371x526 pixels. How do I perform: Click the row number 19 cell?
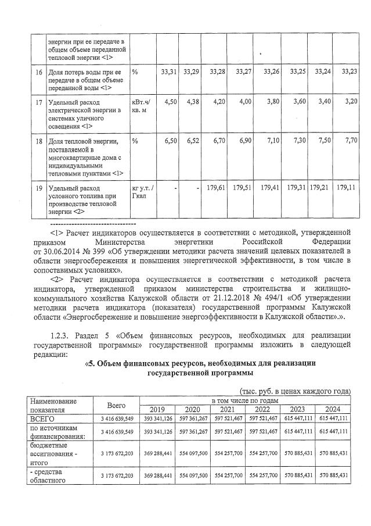coord(39,188)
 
